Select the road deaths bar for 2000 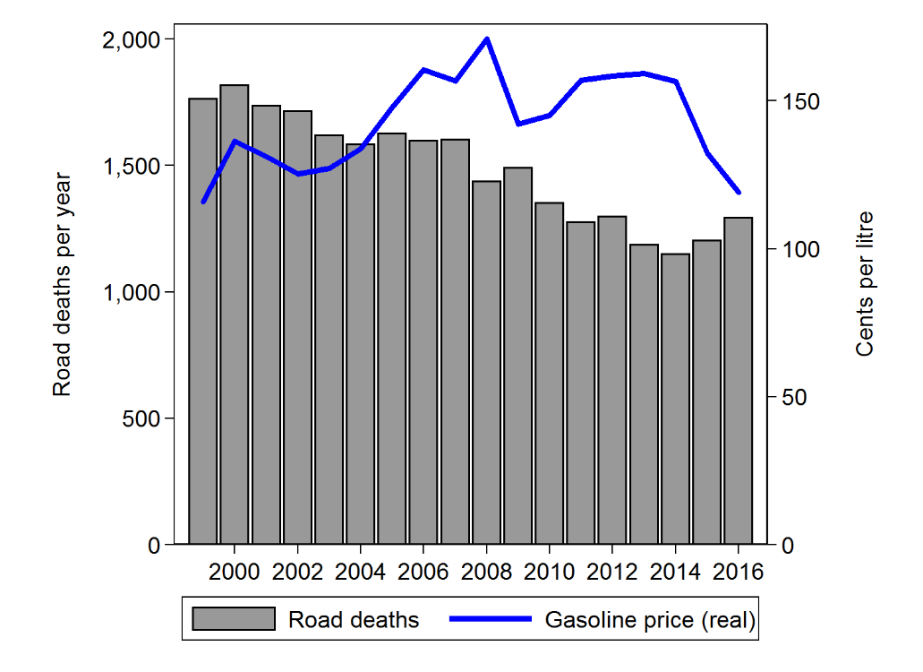[235, 314]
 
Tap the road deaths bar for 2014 [675, 399]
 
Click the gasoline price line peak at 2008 [486, 39]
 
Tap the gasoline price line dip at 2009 [517, 124]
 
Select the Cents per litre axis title [864, 284]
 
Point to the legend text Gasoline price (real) [649, 619]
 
